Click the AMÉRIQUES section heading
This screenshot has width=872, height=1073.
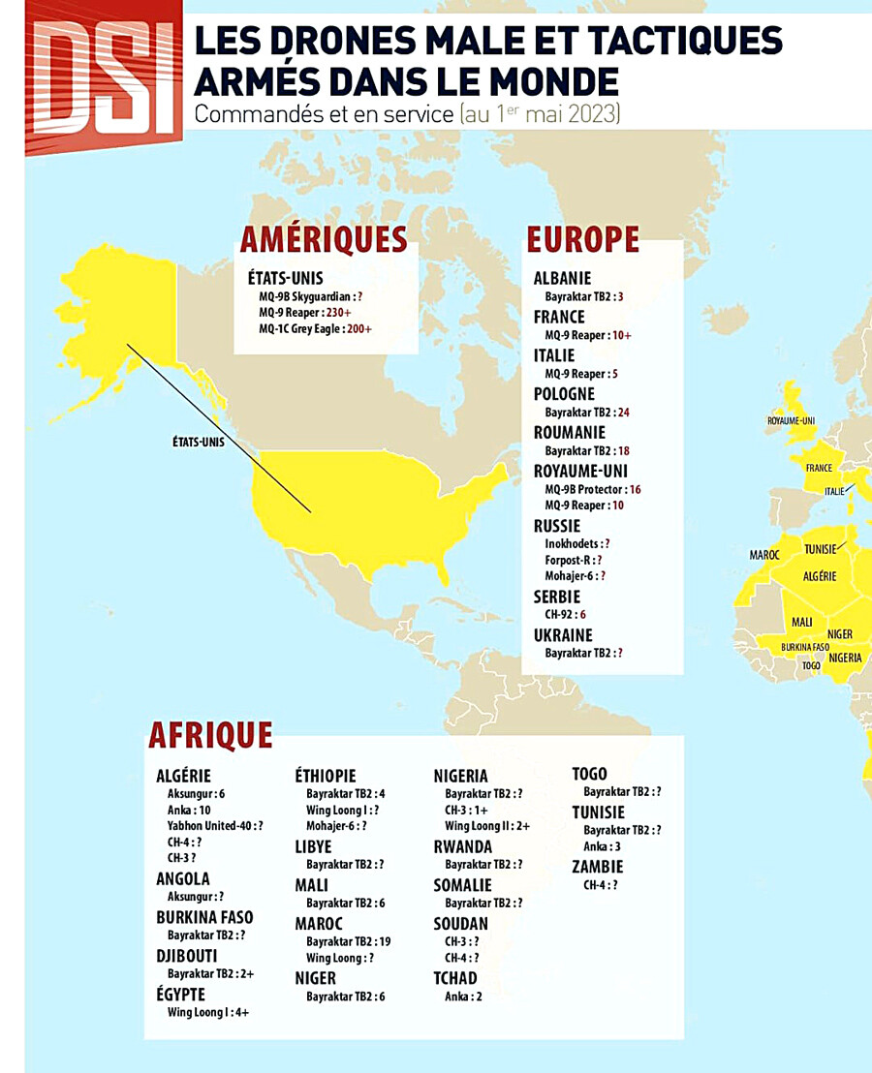pyautogui.click(x=324, y=239)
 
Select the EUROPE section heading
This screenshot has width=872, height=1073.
pyautogui.click(x=582, y=239)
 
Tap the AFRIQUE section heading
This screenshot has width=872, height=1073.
pyautogui.click(x=210, y=736)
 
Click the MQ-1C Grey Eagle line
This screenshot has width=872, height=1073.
pyautogui.click(x=315, y=329)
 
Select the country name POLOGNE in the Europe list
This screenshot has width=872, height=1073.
pyautogui.click(x=564, y=394)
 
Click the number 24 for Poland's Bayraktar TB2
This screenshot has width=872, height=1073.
pyautogui.click(x=623, y=413)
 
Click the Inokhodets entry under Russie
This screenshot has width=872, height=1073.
pyautogui.click(x=577, y=544)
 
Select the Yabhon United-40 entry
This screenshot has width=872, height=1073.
pyautogui.click(x=215, y=826)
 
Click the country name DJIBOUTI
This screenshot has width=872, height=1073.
pyautogui.click(x=187, y=956)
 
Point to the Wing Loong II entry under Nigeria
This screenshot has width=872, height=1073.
pyautogui.click(x=487, y=826)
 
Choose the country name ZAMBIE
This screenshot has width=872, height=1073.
pyautogui.click(x=598, y=867)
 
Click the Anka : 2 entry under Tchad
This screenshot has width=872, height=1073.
pyautogui.click(x=463, y=996)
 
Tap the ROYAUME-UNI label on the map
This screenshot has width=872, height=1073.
pyautogui.click(x=792, y=421)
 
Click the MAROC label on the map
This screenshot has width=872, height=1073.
pyautogui.click(x=764, y=555)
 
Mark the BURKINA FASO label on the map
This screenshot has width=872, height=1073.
pyautogui.click(x=805, y=647)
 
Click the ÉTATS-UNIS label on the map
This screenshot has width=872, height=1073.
pyautogui.click(x=198, y=442)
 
